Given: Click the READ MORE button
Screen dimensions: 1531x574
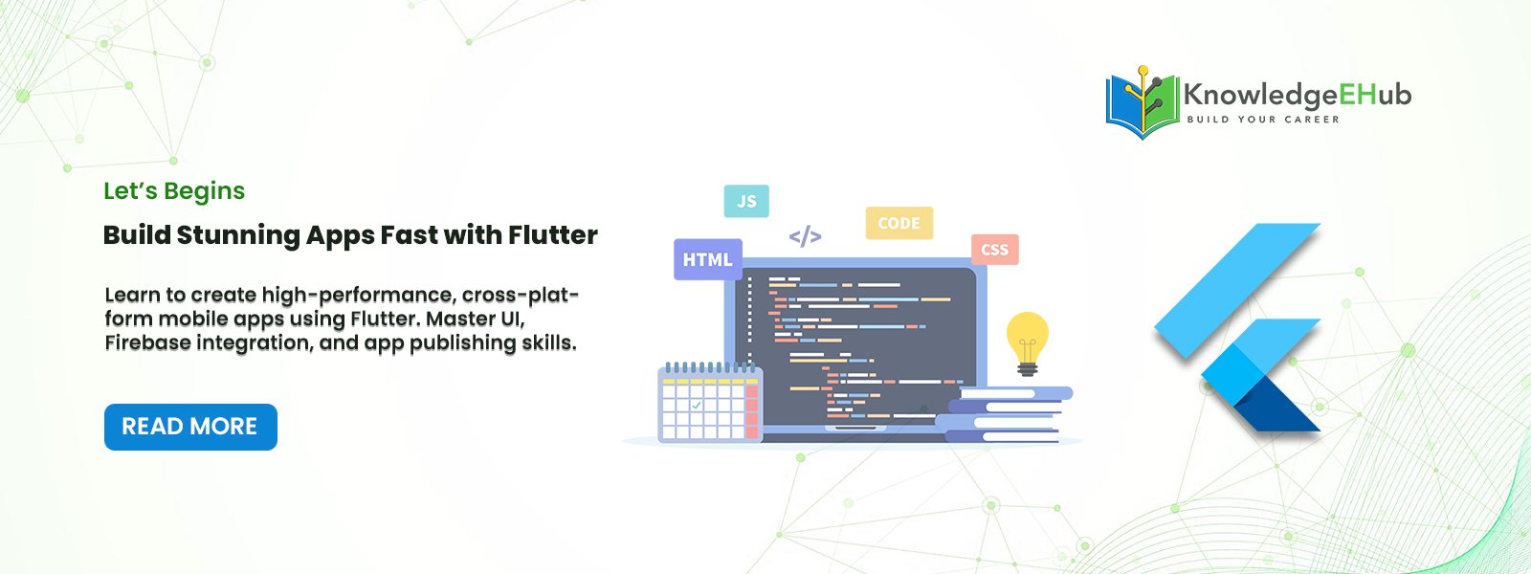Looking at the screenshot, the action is pos(190,427).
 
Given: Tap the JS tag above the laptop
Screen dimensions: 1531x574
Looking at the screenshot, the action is pos(746,201).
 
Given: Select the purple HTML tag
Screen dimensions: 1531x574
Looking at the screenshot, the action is pos(708,259).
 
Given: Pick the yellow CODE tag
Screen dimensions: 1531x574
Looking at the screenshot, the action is pos(899,223).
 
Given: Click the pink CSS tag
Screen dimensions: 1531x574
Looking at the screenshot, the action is pos(994,250).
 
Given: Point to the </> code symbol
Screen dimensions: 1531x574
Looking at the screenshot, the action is pos(805,236).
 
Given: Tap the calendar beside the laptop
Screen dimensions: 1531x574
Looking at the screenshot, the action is pos(710,402).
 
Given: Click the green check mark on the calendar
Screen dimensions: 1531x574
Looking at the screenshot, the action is pos(696,406).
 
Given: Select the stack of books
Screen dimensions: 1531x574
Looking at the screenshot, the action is pos(1004,415).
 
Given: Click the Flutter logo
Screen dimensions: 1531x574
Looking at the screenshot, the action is pos(1238,327).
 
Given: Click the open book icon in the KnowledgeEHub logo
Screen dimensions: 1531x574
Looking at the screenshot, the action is pos(1143,102).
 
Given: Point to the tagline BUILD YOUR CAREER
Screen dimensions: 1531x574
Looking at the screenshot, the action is pos(1263,120).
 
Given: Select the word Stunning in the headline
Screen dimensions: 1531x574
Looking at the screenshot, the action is pos(237,235).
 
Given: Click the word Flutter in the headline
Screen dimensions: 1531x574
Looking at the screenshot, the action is pos(553,235).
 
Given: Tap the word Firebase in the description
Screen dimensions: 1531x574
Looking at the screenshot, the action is pos(147,342).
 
